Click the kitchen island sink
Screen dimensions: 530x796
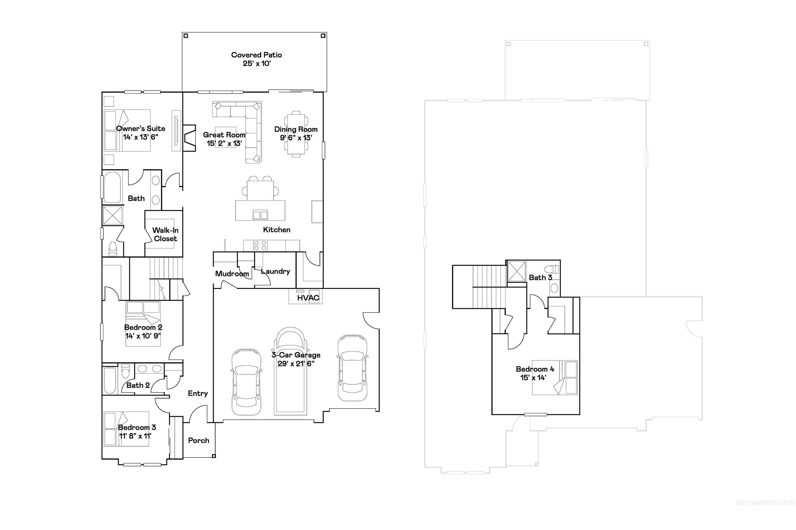260,215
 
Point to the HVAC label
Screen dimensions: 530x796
308,298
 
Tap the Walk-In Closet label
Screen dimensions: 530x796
165,234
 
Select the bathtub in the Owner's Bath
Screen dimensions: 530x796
112,188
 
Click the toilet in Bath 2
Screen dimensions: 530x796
125,371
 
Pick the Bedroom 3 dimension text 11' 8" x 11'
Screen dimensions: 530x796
135,436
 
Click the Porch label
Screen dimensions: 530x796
198,440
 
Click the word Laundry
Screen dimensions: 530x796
275,271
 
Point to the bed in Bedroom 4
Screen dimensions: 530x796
555,377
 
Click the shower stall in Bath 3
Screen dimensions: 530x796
517,271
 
